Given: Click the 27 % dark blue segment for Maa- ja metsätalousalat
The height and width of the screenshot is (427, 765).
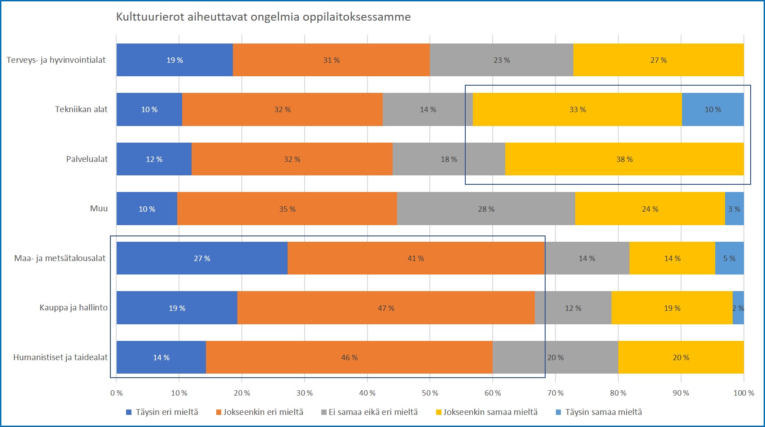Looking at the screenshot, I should tap(202, 258).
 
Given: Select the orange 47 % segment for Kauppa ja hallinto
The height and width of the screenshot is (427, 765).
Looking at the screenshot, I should tap(386, 308).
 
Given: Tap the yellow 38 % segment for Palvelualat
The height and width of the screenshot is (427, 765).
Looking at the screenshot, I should tap(624, 159).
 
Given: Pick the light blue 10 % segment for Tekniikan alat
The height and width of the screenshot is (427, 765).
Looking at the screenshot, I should tap(713, 109).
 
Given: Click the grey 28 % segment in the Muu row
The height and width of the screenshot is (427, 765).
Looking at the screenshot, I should tap(486, 209).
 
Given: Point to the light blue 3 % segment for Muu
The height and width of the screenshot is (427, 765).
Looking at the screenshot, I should tap(734, 209).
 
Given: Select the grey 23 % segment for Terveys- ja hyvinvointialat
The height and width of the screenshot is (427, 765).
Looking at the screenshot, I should tap(502, 60).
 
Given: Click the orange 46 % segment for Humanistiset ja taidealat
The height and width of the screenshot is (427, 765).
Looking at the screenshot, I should tap(349, 357).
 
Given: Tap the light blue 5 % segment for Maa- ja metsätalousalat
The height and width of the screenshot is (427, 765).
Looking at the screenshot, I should tap(729, 258).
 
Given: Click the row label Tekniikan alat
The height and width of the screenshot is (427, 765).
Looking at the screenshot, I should tap(81, 109).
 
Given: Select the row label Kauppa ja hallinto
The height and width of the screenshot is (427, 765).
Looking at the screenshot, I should tap(74, 308).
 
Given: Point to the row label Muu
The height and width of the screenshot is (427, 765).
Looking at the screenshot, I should tap(99, 209).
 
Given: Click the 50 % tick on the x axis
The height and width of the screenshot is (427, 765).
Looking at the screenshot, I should tap(430, 393).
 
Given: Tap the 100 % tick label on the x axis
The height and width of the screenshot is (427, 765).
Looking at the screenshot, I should tap(743, 393).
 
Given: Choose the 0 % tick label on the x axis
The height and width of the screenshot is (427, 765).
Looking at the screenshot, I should tap(116, 393).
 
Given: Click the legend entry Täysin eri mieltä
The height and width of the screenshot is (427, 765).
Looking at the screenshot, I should tap(166, 412).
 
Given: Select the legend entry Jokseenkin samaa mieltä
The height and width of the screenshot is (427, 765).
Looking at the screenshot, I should tap(490, 412).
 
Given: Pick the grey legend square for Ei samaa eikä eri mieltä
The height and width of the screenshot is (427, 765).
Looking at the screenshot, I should tap(323, 412).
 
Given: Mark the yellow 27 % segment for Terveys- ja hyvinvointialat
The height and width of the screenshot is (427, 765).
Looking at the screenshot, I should tap(658, 60).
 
